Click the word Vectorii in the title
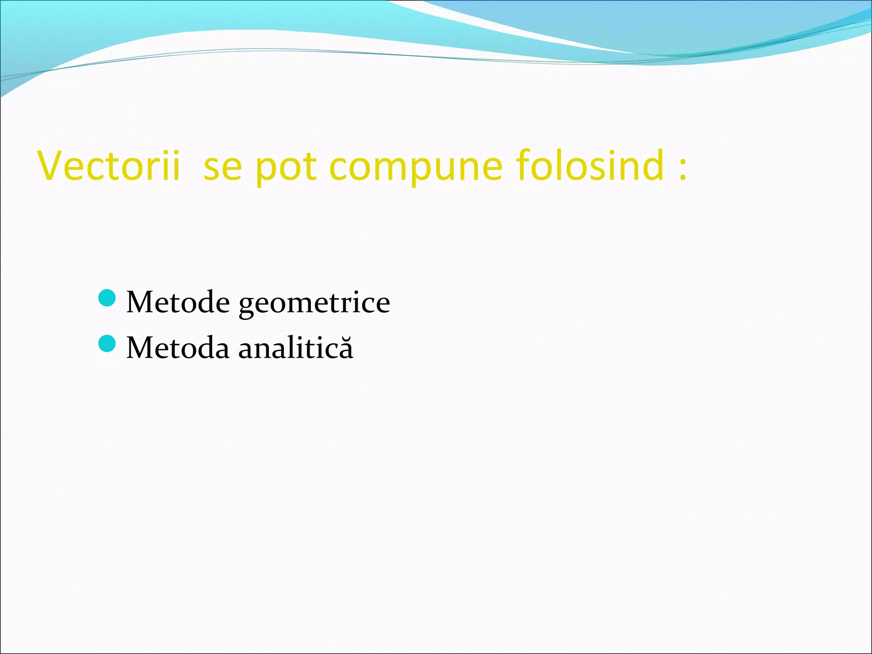109,166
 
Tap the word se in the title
223,167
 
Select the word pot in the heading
286,167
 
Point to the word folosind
590,166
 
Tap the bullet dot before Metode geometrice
106,298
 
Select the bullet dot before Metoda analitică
106,344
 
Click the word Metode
178,302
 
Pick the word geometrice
314,303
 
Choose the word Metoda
178,348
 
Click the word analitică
295,348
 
